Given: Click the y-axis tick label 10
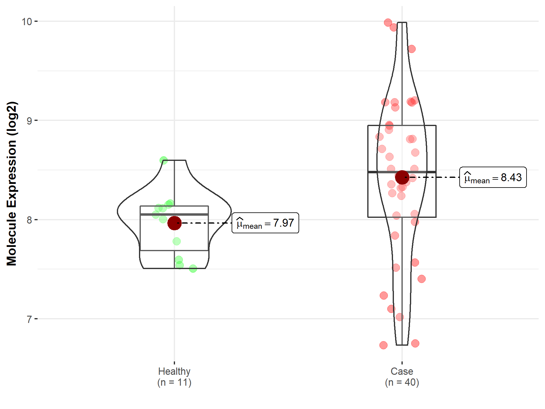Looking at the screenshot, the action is click(x=27, y=22).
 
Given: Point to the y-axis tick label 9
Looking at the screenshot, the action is click(x=29, y=121).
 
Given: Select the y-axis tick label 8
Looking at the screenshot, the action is click(x=29, y=220).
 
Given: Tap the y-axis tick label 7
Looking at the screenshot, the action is click(x=29, y=319).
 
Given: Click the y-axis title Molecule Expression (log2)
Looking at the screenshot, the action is click(x=12, y=184).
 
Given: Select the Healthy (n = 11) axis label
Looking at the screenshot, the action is click(x=174, y=377).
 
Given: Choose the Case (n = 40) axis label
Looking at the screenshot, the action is click(x=402, y=377).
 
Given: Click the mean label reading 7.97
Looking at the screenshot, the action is click(x=265, y=223).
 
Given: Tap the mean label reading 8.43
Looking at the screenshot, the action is click(x=493, y=177).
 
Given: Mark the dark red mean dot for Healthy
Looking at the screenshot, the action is click(x=174, y=223).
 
